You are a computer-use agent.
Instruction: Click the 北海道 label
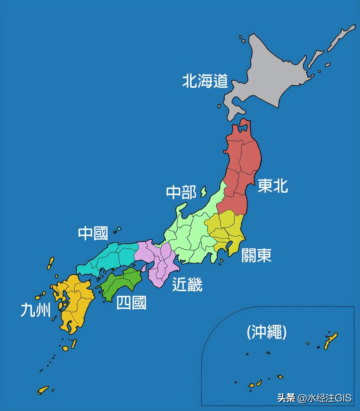point(205,82)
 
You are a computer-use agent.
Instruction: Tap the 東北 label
point(273,185)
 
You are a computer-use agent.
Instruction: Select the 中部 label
point(181,193)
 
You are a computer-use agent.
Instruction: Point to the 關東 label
point(256,255)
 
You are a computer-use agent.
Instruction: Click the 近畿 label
point(187,284)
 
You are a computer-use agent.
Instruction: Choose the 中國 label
point(93,233)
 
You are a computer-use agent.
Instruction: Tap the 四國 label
point(131,303)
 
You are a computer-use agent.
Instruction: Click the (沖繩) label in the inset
point(267,332)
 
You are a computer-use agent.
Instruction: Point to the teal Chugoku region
point(110,257)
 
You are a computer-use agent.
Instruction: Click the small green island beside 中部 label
point(203,191)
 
